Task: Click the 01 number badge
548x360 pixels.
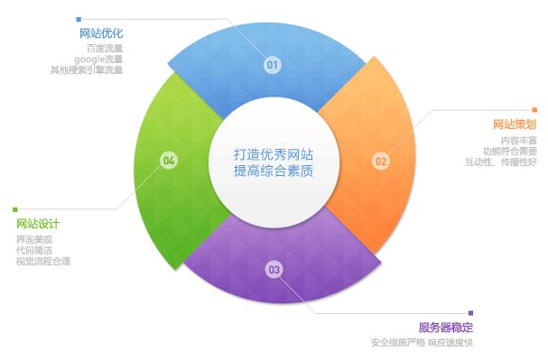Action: (272, 65)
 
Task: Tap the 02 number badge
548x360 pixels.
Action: (380, 162)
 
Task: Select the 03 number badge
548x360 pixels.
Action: (274, 269)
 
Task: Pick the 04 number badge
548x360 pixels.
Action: (168, 161)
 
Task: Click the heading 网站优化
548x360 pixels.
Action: (101, 33)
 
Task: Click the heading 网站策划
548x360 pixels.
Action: (515, 124)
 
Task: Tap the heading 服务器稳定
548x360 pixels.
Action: (446, 327)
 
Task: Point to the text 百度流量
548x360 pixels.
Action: (105, 48)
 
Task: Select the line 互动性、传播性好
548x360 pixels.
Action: (500, 162)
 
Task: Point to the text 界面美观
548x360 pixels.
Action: (33, 239)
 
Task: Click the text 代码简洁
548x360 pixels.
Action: (33, 250)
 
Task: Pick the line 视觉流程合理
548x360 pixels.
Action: (42, 261)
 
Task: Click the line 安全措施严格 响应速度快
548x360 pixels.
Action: (422, 343)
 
